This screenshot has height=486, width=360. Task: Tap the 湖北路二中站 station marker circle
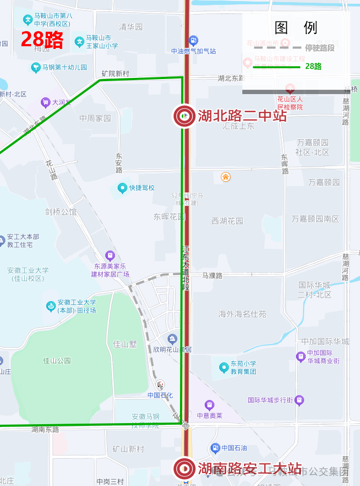pyautogui.click(x=184, y=116)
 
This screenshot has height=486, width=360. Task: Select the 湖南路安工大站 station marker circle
pyautogui.click(x=184, y=468)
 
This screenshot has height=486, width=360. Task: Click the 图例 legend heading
pyautogui.click(x=296, y=28)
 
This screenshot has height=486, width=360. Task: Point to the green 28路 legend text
pyautogui.click(x=313, y=67)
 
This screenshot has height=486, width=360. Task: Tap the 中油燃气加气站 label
pyautogui.click(x=193, y=51)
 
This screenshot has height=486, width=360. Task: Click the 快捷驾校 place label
pyautogui.click(x=141, y=188)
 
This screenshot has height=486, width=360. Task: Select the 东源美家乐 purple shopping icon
pyautogui.click(x=110, y=255)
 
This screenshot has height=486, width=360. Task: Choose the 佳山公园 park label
pyautogui.click(x=57, y=360)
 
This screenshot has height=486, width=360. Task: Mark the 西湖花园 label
pyautogui.click(x=227, y=221)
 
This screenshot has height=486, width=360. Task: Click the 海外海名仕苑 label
pyautogui.click(x=242, y=314)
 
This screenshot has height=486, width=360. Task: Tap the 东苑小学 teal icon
pyautogui.click(x=224, y=367)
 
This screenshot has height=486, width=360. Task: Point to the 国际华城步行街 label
pyautogui.click(x=270, y=400)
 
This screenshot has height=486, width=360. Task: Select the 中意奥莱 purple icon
pyautogui.click(x=209, y=404)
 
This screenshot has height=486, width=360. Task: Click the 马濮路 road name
pyautogui.click(x=212, y=275)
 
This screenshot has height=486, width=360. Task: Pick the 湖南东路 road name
pyautogui.click(x=45, y=430)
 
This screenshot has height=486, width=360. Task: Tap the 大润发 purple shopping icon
pyautogui.click(x=46, y=102)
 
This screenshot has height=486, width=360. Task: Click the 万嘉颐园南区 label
pyautogui.click(x=315, y=219)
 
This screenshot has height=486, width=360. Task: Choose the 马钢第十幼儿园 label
pyautogui.click(x=64, y=67)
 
